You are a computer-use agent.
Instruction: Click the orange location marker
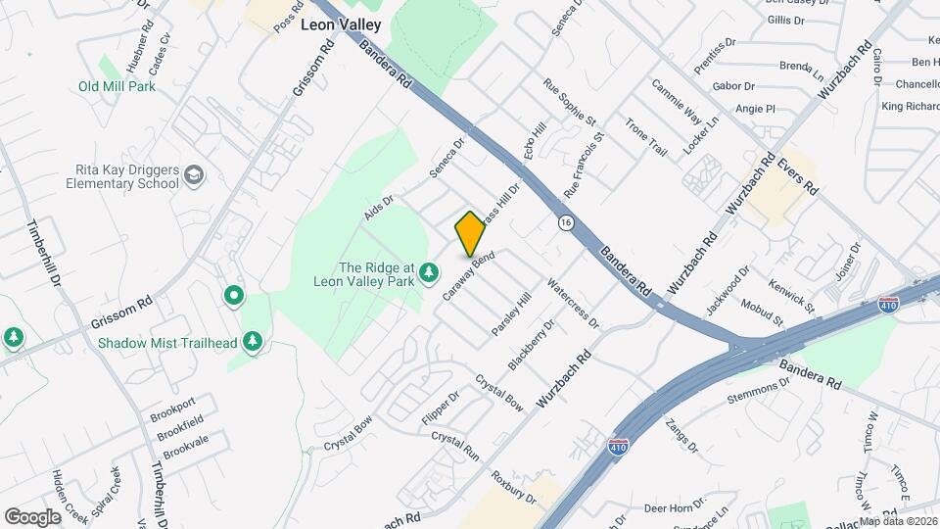(470, 233)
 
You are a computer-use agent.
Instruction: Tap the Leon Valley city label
(341, 26)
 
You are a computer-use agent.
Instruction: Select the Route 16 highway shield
(566, 223)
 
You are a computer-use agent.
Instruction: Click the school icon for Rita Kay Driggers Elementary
(194, 175)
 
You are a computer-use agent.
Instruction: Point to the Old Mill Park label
(117, 86)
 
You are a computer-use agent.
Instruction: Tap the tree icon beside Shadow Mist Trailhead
(254, 341)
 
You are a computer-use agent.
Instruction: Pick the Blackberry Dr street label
(532, 344)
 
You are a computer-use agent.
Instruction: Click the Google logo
(32, 516)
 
